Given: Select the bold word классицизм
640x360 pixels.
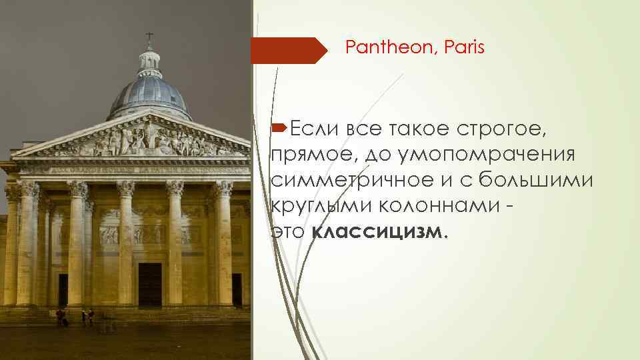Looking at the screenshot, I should tap(377, 231).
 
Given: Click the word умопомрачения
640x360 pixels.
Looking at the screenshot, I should tap(503, 154).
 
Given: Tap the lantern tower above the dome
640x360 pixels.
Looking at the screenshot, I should tap(149, 62).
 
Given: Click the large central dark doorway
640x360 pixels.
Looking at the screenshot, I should tap(149, 284).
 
